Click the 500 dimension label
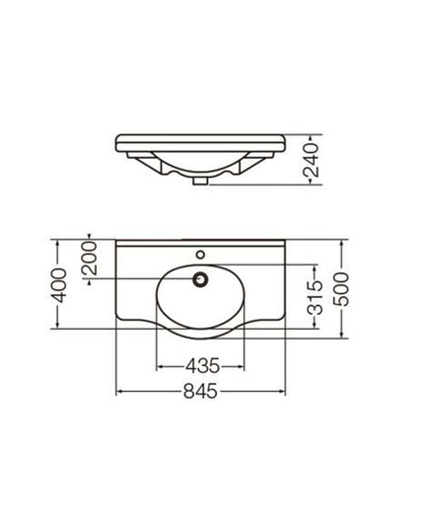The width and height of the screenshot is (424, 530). click(342, 292)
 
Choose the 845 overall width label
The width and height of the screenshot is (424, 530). click(201, 392)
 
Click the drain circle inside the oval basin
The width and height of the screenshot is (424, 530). click(201, 280)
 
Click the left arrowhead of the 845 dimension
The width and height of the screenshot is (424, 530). click(120, 392)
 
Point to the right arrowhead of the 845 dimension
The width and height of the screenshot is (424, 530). click(286, 392)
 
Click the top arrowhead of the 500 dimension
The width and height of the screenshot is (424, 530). click(342, 240)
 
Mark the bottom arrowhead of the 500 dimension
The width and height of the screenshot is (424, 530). click(342, 344)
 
